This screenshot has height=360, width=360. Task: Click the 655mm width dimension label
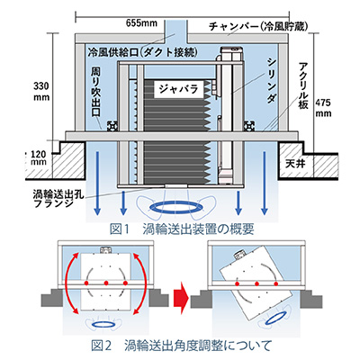(141, 23)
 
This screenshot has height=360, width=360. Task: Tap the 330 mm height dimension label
(41, 92)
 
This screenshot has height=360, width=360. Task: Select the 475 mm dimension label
(323, 108)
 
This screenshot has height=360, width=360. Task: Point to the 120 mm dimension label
(39, 157)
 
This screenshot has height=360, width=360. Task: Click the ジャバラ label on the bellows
(179, 89)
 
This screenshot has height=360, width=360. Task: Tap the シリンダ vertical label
(272, 80)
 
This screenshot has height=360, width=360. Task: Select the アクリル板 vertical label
(303, 85)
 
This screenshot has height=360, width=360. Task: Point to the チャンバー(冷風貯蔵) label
(258, 26)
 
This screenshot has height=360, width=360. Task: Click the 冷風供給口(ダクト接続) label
(143, 52)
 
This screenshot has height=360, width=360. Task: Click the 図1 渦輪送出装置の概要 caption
(182, 229)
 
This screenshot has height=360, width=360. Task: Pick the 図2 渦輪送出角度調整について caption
(182, 346)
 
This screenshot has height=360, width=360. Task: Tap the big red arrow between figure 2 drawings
(182, 299)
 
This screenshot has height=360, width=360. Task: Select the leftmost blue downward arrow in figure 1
(96, 183)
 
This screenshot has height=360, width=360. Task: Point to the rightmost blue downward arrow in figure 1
(265, 183)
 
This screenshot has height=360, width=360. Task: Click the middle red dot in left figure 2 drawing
(106, 283)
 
